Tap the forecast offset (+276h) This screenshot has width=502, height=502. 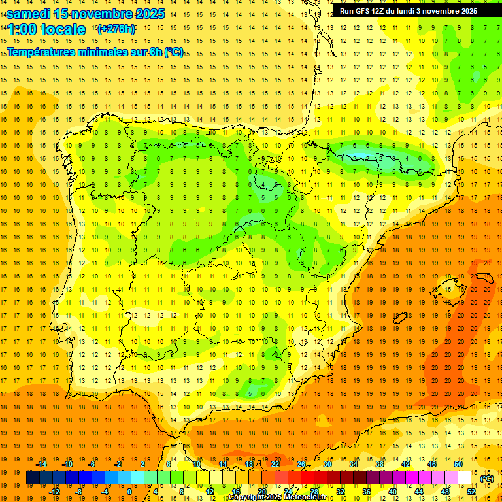[x=116, y=29]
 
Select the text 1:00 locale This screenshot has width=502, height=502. [x=46, y=29]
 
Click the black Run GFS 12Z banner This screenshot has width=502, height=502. [x=408, y=10]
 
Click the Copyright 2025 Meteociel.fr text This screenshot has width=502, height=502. [x=278, y=497]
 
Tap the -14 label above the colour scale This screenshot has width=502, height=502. [x=41, y=463]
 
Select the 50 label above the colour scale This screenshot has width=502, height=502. [x=458, y=463]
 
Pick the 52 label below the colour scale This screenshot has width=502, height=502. [x=471, y=491]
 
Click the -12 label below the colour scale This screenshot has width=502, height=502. [x=54, y=491]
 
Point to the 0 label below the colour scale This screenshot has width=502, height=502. [x=129, y=491]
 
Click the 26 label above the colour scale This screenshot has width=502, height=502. [x=301, y=463]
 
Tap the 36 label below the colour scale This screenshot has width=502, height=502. [x=367, y=491]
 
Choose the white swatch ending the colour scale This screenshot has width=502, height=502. [x=465, y=477]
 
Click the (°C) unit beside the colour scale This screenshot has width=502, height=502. [x=486, y=478]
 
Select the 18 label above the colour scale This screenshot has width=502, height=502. [x=249, y=463]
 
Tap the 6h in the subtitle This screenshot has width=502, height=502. [x=155, y=52]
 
